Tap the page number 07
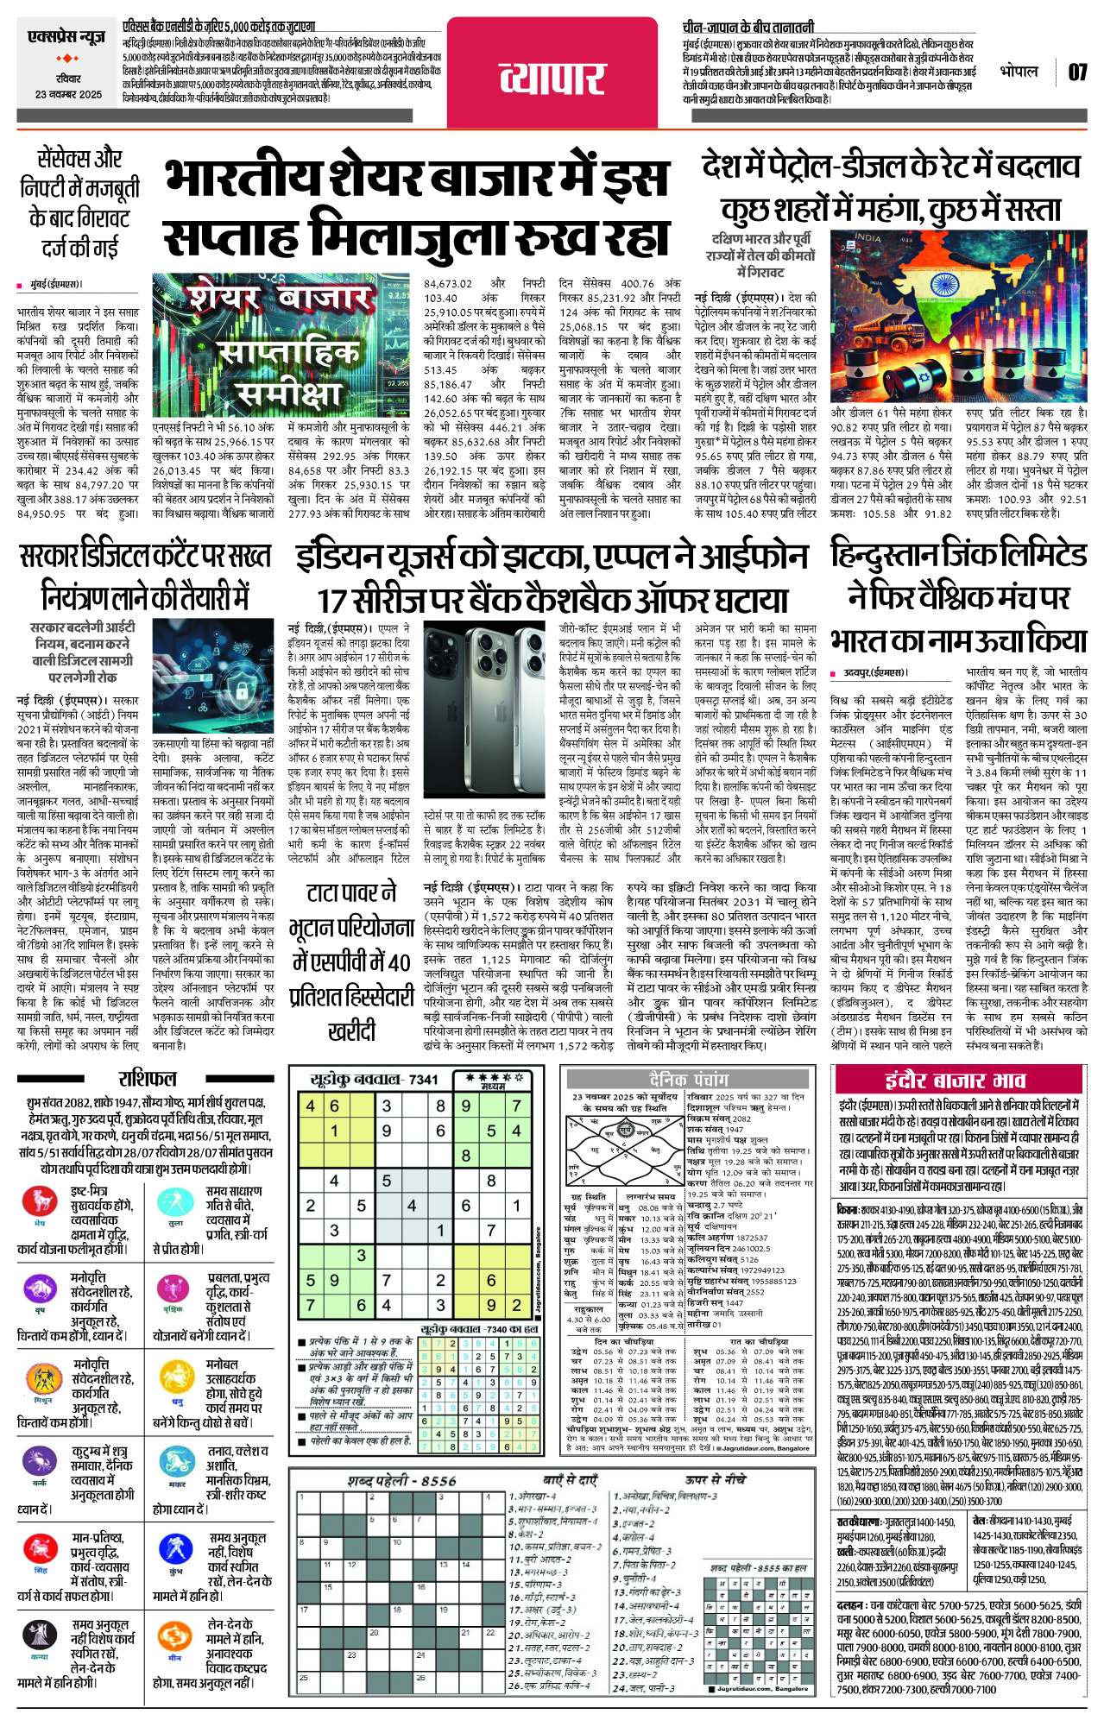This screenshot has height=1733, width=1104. click(x=1077, y=72)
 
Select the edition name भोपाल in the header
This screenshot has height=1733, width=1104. click(x=1019, y=72)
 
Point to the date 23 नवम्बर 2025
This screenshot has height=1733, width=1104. click(x=67, y=94)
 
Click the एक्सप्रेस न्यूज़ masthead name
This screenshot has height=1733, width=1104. click(x=66, y=38)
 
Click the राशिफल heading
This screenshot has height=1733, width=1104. click(x=148, y=1078)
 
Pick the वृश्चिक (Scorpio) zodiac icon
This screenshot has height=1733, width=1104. click(x=175, y=1289)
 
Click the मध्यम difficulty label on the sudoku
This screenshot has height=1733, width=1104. click(x=493, y=1087)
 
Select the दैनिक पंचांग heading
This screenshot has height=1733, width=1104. click(x=689, y=1079)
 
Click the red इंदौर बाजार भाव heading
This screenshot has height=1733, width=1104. click(x=956, y=1081)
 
